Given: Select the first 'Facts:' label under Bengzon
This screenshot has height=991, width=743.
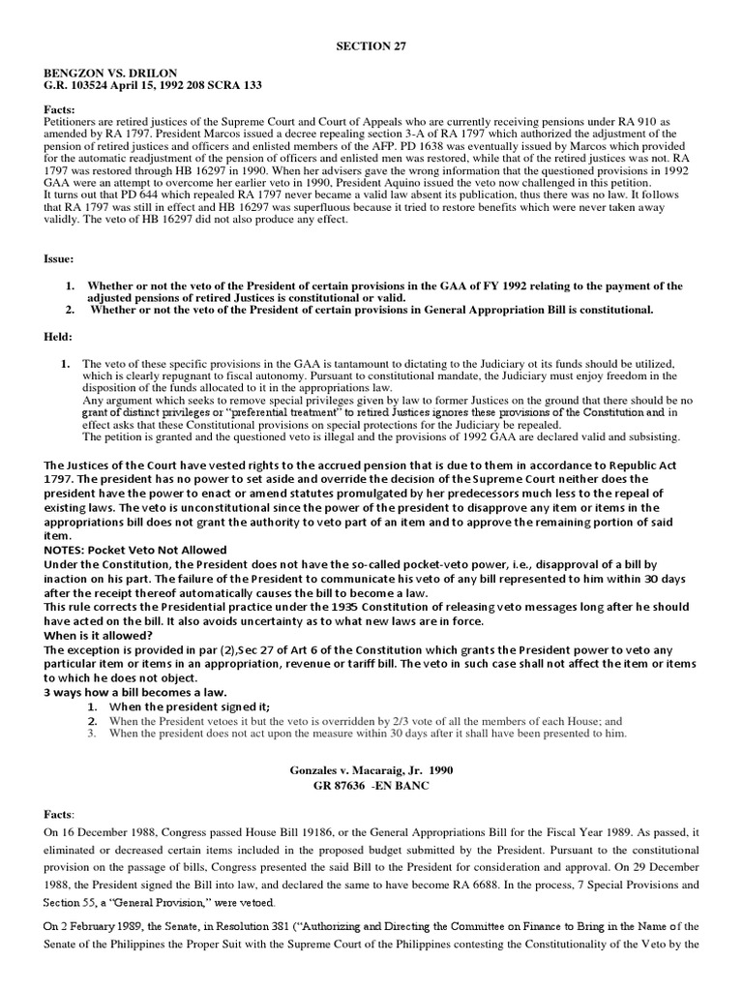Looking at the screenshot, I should pos(60,111).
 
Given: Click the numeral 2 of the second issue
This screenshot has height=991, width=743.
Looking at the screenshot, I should pos(69,311).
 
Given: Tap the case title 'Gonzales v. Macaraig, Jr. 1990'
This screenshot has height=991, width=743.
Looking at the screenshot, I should pos(371,770).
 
